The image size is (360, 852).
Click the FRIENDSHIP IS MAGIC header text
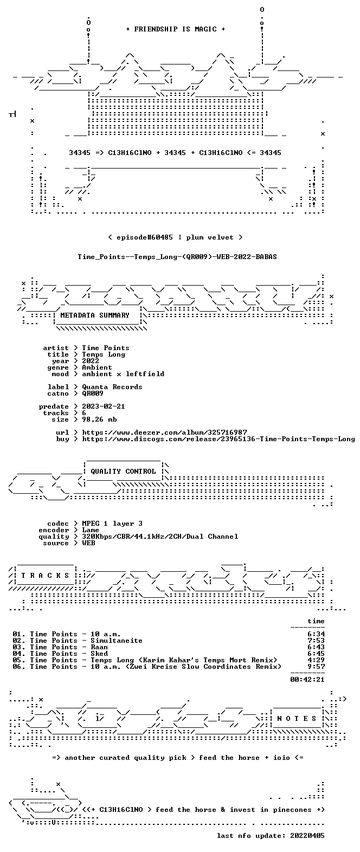176,29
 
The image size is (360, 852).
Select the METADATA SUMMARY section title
95,315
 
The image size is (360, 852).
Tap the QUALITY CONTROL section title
123,472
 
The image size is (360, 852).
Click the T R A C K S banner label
46,576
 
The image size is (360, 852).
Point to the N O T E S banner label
297,719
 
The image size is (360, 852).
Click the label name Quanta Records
112,387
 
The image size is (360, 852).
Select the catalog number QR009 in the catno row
93,393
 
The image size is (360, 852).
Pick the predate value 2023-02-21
104,406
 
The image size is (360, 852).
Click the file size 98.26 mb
99,419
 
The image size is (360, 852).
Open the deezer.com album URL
164,433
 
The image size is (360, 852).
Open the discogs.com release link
218,439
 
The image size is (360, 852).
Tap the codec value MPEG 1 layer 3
112,524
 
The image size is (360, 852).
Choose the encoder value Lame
91,530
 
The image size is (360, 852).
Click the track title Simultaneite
117,641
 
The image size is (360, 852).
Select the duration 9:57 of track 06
316,667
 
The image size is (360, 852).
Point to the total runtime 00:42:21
307,679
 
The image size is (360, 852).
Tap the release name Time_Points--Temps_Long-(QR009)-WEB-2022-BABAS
177,257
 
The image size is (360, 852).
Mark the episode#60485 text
145,237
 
